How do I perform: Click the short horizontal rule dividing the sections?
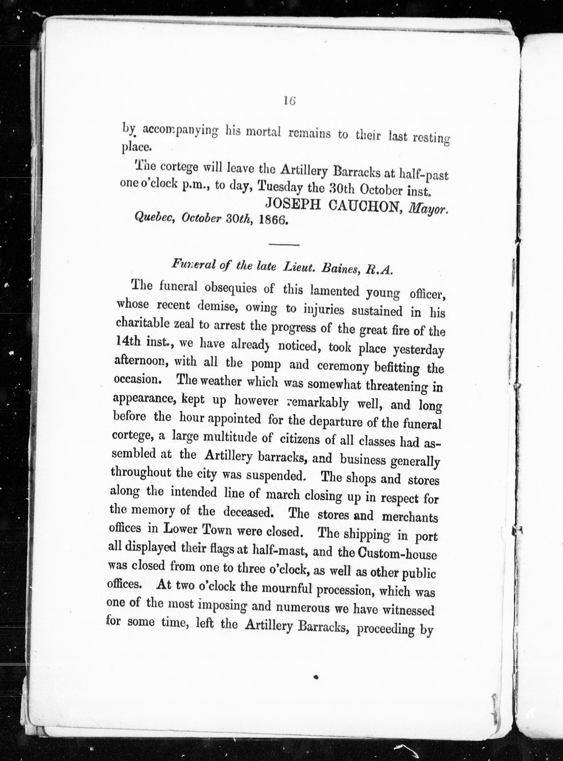click(284, 244)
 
